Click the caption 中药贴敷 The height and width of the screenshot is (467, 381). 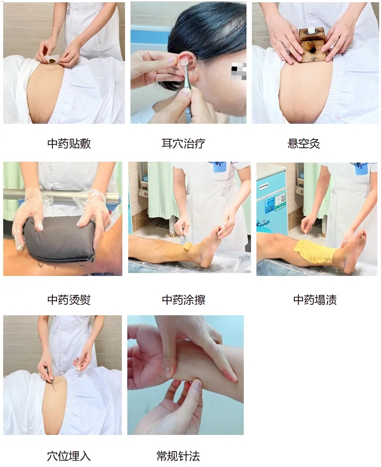click(69, 144)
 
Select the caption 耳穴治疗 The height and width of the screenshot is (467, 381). click(183, 144)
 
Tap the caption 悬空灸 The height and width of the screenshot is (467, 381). click(304, 144)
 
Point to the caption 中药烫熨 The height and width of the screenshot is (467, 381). click(69, 299)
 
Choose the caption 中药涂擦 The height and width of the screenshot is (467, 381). click(184, 299)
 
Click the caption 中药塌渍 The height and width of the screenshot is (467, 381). click(315, 299)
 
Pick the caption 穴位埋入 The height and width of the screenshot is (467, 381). click(69, 456)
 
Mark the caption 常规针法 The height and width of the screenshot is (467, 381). click(178, 456)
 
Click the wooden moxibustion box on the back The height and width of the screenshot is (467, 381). click(311, 45)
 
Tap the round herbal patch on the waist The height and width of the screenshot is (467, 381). click(52, 61)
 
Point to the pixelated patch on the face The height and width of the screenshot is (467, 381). click(239, 71)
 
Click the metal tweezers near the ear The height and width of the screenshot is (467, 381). click(187, 77)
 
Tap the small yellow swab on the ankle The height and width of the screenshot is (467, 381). click(187, 246)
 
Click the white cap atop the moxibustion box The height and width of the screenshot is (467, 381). click(311, 30)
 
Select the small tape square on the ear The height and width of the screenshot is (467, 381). click(184, 61)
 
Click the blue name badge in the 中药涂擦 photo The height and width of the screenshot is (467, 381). click(219, 168)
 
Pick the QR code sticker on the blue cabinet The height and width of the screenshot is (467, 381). click(280, 201)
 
